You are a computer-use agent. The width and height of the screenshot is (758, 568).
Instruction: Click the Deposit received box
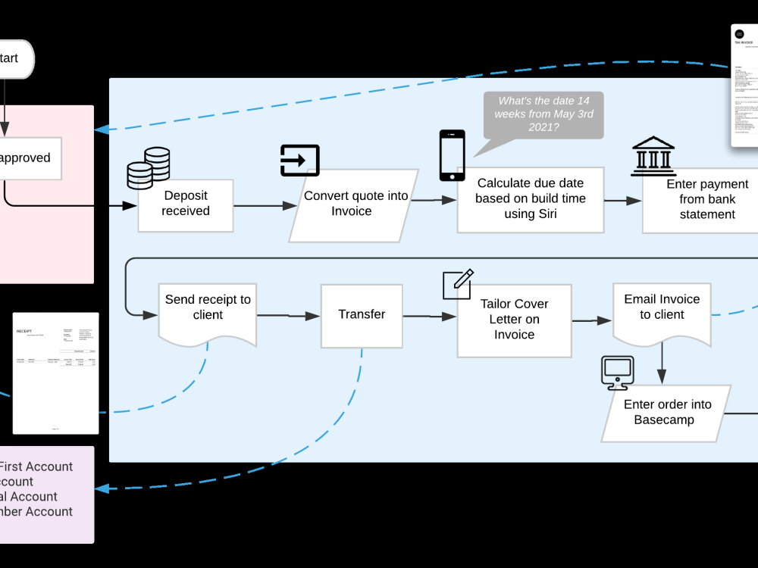tap(185, 204)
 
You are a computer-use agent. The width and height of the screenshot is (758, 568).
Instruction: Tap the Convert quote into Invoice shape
tap(355, 204)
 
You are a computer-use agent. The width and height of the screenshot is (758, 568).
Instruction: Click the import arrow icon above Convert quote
tap(299, 160)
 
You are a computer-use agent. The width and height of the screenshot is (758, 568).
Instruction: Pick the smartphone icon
tap(452, 155)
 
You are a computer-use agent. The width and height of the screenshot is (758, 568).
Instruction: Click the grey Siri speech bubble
tap(543, 115)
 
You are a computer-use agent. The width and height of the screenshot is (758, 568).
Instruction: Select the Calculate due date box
tap(530, 199)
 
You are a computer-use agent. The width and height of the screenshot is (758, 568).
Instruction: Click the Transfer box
tap(362, 314)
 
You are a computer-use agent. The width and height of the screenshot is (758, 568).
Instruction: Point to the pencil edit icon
tap(458, 284)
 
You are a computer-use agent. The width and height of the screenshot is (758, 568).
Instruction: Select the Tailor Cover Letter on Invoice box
tap(514, 320)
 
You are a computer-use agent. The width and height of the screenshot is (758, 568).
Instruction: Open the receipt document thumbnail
tap(55, 373)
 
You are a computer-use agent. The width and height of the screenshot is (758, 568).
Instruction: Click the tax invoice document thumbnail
tap(744, 86)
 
